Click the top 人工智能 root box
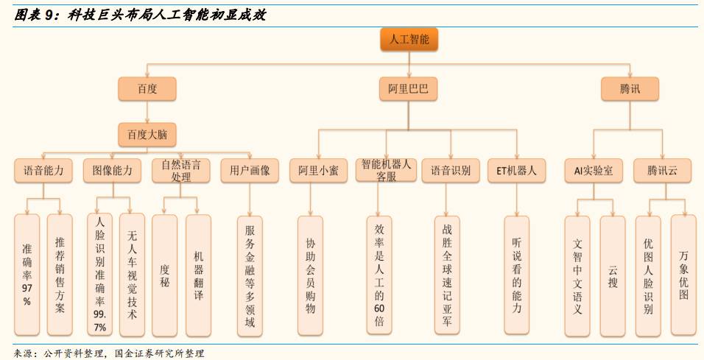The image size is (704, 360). [409, 40]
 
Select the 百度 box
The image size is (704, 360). [147, 90]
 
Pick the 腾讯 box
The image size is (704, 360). [630, 90]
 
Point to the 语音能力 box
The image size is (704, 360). [43, 171]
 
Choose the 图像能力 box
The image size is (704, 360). [112, 171]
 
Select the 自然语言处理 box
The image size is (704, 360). [181, 171]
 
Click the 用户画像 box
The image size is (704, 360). [250, 171]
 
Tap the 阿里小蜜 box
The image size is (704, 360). [318, 171]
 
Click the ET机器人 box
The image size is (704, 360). [516, 171]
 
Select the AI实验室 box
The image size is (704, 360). [594, 171]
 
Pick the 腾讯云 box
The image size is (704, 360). [663, 171]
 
